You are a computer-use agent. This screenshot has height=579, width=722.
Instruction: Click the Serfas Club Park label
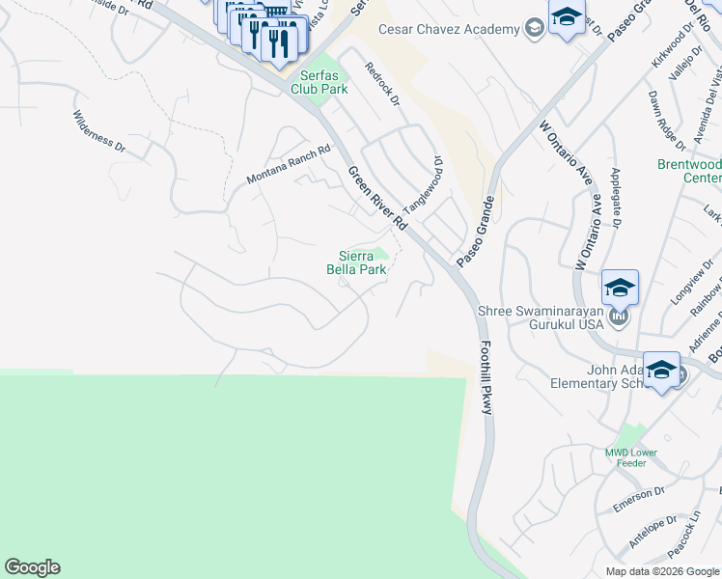(x=322, y=82)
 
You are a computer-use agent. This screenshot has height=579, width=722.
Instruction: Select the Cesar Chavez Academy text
(x=449, y=30)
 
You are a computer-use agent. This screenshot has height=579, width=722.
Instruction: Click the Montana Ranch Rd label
(x=288, y=165)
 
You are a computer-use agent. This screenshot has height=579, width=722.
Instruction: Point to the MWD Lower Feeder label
(x=631, y=457)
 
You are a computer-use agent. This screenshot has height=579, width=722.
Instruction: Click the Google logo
(x=32, y=567)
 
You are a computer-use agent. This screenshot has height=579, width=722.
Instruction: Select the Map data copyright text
(x=662, y=571)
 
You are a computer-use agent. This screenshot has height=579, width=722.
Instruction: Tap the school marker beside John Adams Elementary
(x=661, y=372)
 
